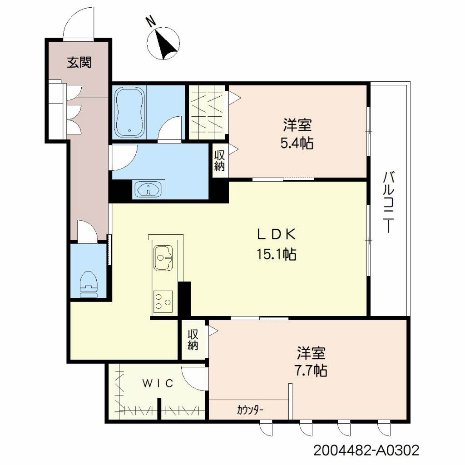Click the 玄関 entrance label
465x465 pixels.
tap(79, 62)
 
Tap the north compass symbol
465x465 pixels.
tap(163, 43)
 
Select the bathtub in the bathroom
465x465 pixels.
tap(129, 112)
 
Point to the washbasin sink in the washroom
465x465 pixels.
tap(148, 189)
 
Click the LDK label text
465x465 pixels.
tap(277, 235)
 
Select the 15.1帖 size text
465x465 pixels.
tap(276, 254)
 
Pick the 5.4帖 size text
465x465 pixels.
tap(297, 143)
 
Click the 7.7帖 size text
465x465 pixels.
tap(311, 371)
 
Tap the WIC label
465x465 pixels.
tap(158, 383)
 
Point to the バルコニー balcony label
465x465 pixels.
tap(389, 202)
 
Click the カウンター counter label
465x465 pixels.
tap(250, 410)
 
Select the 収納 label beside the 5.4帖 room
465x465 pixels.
tap(219, 160)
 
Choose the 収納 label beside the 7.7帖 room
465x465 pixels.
tap(193, 340)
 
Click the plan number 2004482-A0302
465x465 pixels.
tap(366, 450)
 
